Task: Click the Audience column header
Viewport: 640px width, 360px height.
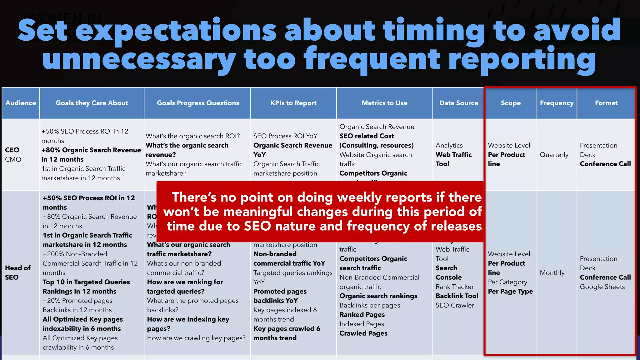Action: coord(21,103)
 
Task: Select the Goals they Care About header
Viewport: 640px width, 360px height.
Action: coord(92,103)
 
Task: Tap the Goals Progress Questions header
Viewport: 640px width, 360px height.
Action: coord(198,103)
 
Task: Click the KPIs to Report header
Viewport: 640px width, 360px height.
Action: coord(293,103)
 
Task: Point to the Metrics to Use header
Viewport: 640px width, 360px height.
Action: coord(384,103)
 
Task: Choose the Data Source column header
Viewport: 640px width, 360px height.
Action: coord(458,103)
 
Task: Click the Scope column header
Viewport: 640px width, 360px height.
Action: coord(511,103)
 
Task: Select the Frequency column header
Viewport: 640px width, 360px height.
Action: coord(557,103)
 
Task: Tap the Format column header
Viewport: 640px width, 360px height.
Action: coord(606,103)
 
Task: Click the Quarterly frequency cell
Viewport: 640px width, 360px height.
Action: coord(554,155)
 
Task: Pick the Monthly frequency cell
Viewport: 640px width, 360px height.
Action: coord(552,273)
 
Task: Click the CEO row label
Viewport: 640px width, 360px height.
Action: coord(12,150)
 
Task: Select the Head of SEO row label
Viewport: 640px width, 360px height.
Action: coord(17,272)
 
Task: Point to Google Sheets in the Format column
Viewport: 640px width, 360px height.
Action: coord(602,287)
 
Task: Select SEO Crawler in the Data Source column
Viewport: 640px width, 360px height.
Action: coord(455,305)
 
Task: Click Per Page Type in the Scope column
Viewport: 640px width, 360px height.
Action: coord(510,292)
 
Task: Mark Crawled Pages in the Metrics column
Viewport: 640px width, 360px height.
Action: coord(363,333)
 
